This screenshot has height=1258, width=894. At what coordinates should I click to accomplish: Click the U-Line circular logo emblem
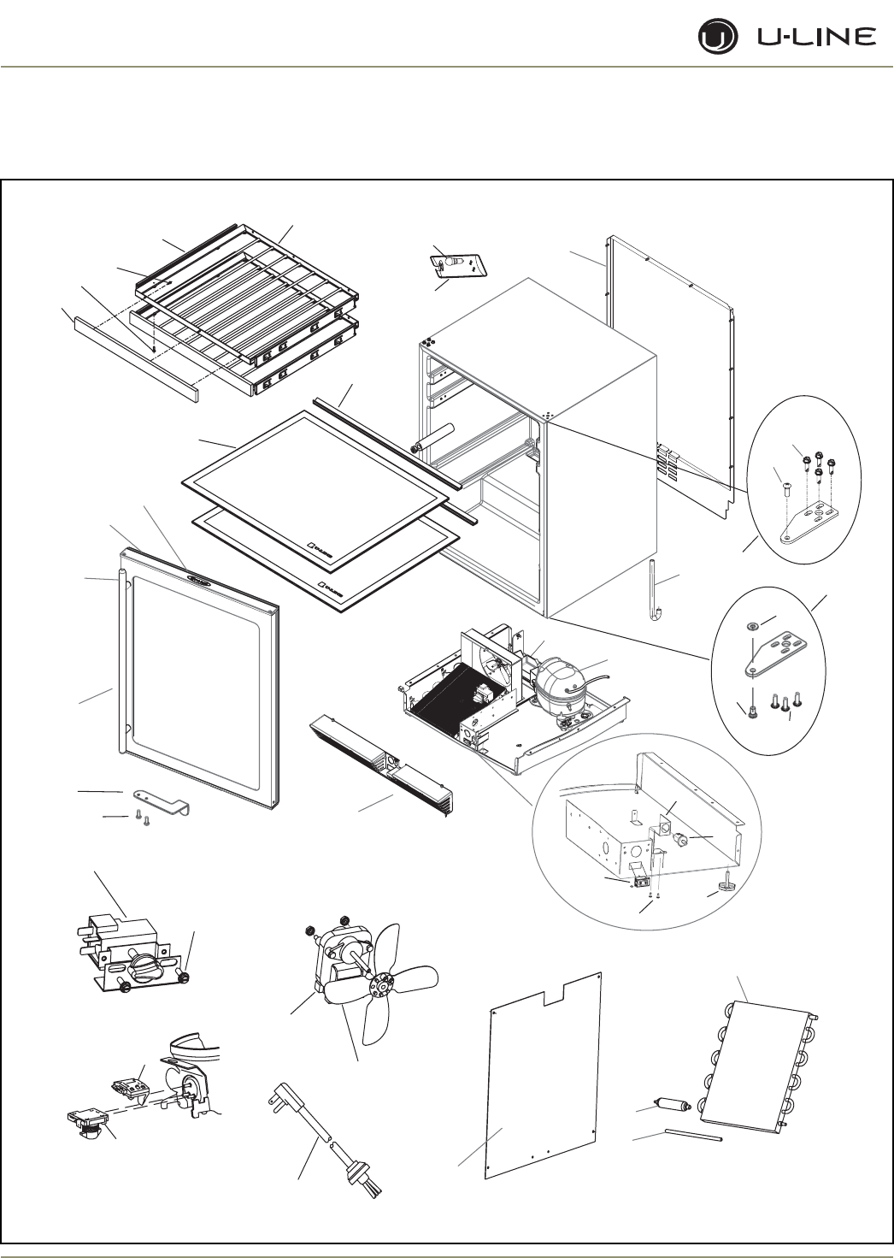pyautogui.click(x=715, y=38)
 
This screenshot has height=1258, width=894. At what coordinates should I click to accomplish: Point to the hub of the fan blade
pyautogui.click(x=373, y=985)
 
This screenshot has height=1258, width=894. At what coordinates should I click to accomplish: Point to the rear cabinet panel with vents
pyautogui.click(x=675, y=376)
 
